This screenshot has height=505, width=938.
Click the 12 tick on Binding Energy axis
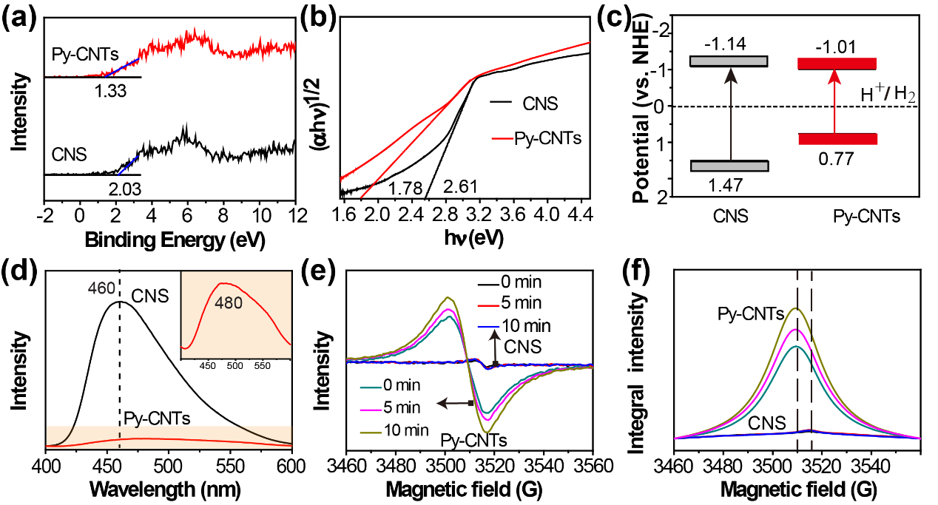coord(294,214)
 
